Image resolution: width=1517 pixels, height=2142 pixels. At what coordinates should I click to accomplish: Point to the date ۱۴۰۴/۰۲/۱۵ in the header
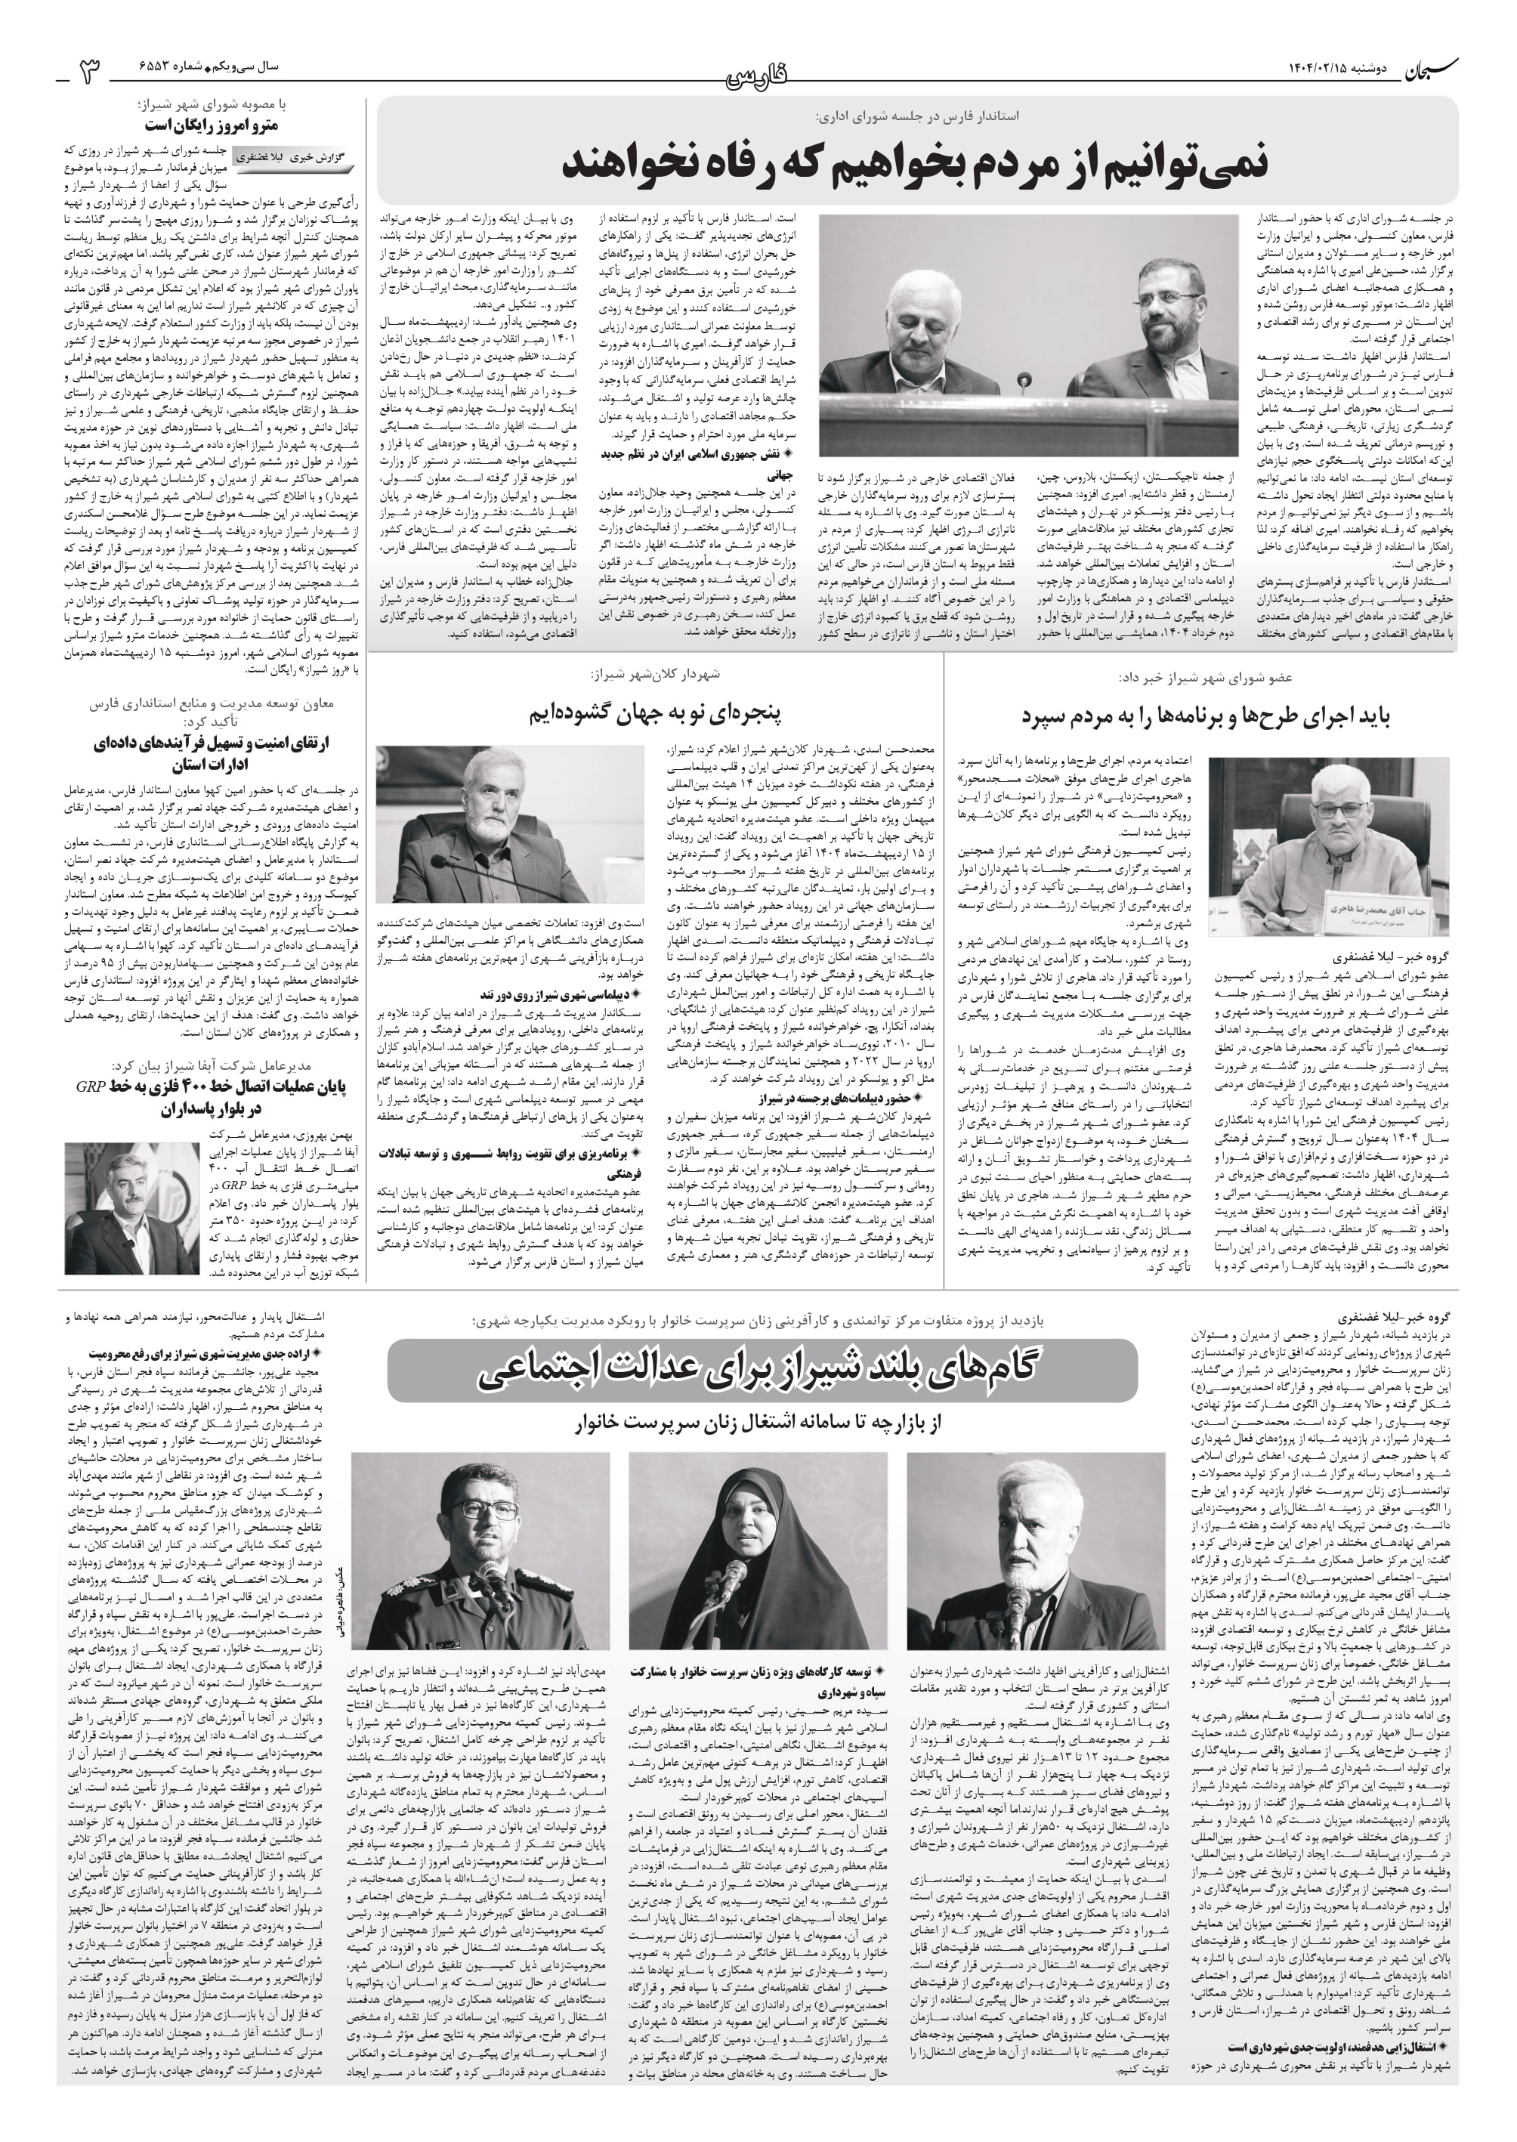tap(1323, 68)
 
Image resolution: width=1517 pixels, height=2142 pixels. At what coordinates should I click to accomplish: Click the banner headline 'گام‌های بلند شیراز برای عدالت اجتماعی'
tap(762, 1368)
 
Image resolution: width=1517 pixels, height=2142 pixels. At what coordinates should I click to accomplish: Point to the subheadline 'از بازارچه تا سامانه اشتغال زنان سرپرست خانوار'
tap(762, 1423)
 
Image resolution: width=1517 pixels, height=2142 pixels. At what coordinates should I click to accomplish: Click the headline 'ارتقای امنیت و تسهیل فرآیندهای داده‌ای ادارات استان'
tap(213, 754)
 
